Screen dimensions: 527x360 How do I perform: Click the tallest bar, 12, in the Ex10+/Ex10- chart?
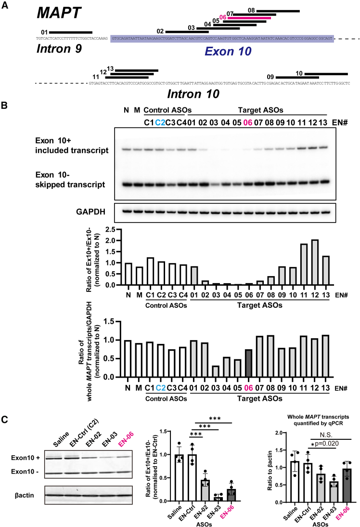tap(315, 263)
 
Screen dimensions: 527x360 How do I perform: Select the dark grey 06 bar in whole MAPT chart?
tap(248, 363)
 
